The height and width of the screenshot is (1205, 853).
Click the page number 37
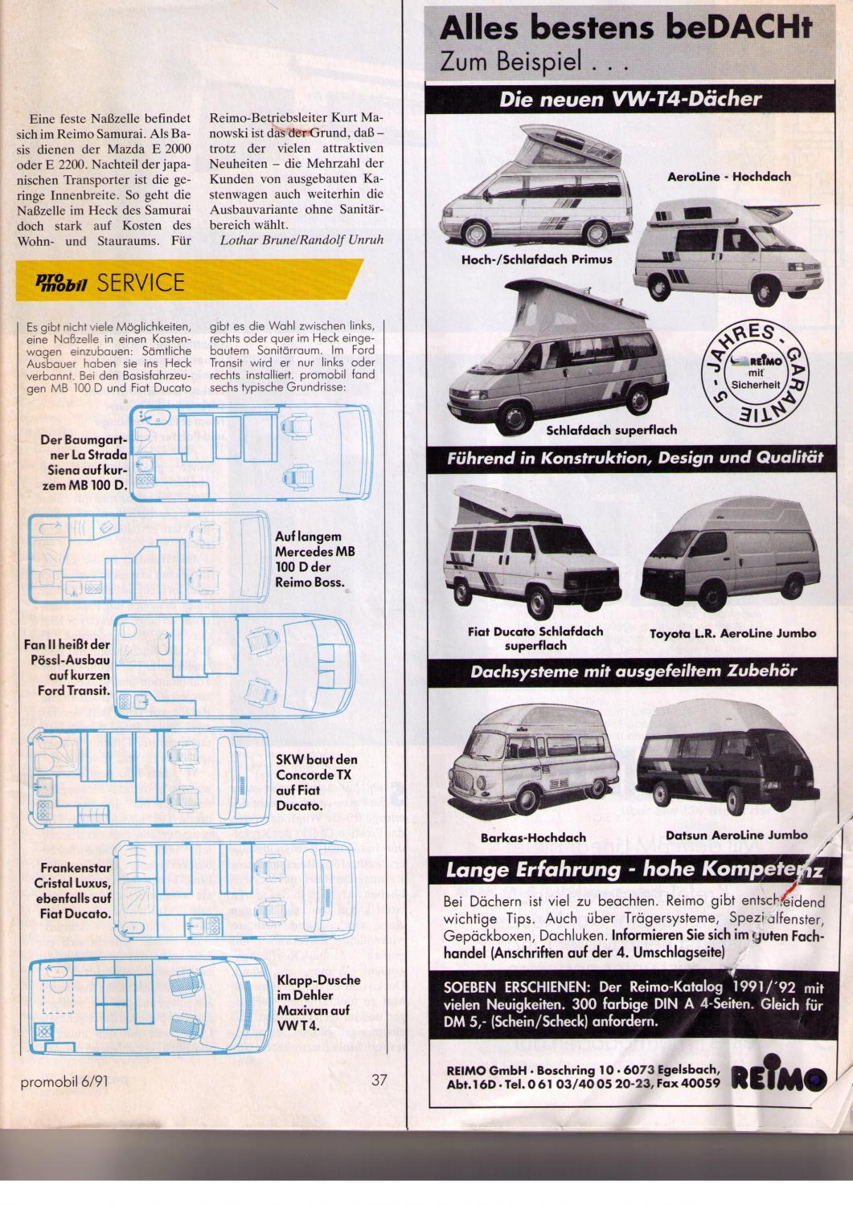click(379, 1080)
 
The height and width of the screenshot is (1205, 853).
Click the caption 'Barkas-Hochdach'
click(533, 837)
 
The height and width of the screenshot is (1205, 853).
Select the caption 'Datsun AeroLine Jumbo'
click(736, 835)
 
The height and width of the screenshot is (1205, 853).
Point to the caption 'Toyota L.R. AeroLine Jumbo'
click(732, 633)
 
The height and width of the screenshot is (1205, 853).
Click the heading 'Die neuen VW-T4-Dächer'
click(630, 100)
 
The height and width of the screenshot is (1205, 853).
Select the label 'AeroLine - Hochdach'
click(729, 177)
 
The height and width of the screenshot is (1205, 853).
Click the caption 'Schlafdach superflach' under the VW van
click(612, 430)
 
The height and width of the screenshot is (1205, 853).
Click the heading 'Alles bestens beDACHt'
click(625, 30)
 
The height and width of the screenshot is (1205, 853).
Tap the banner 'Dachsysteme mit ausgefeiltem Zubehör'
click(634, 671)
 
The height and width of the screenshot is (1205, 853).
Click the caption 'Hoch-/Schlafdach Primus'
click(536, 259)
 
